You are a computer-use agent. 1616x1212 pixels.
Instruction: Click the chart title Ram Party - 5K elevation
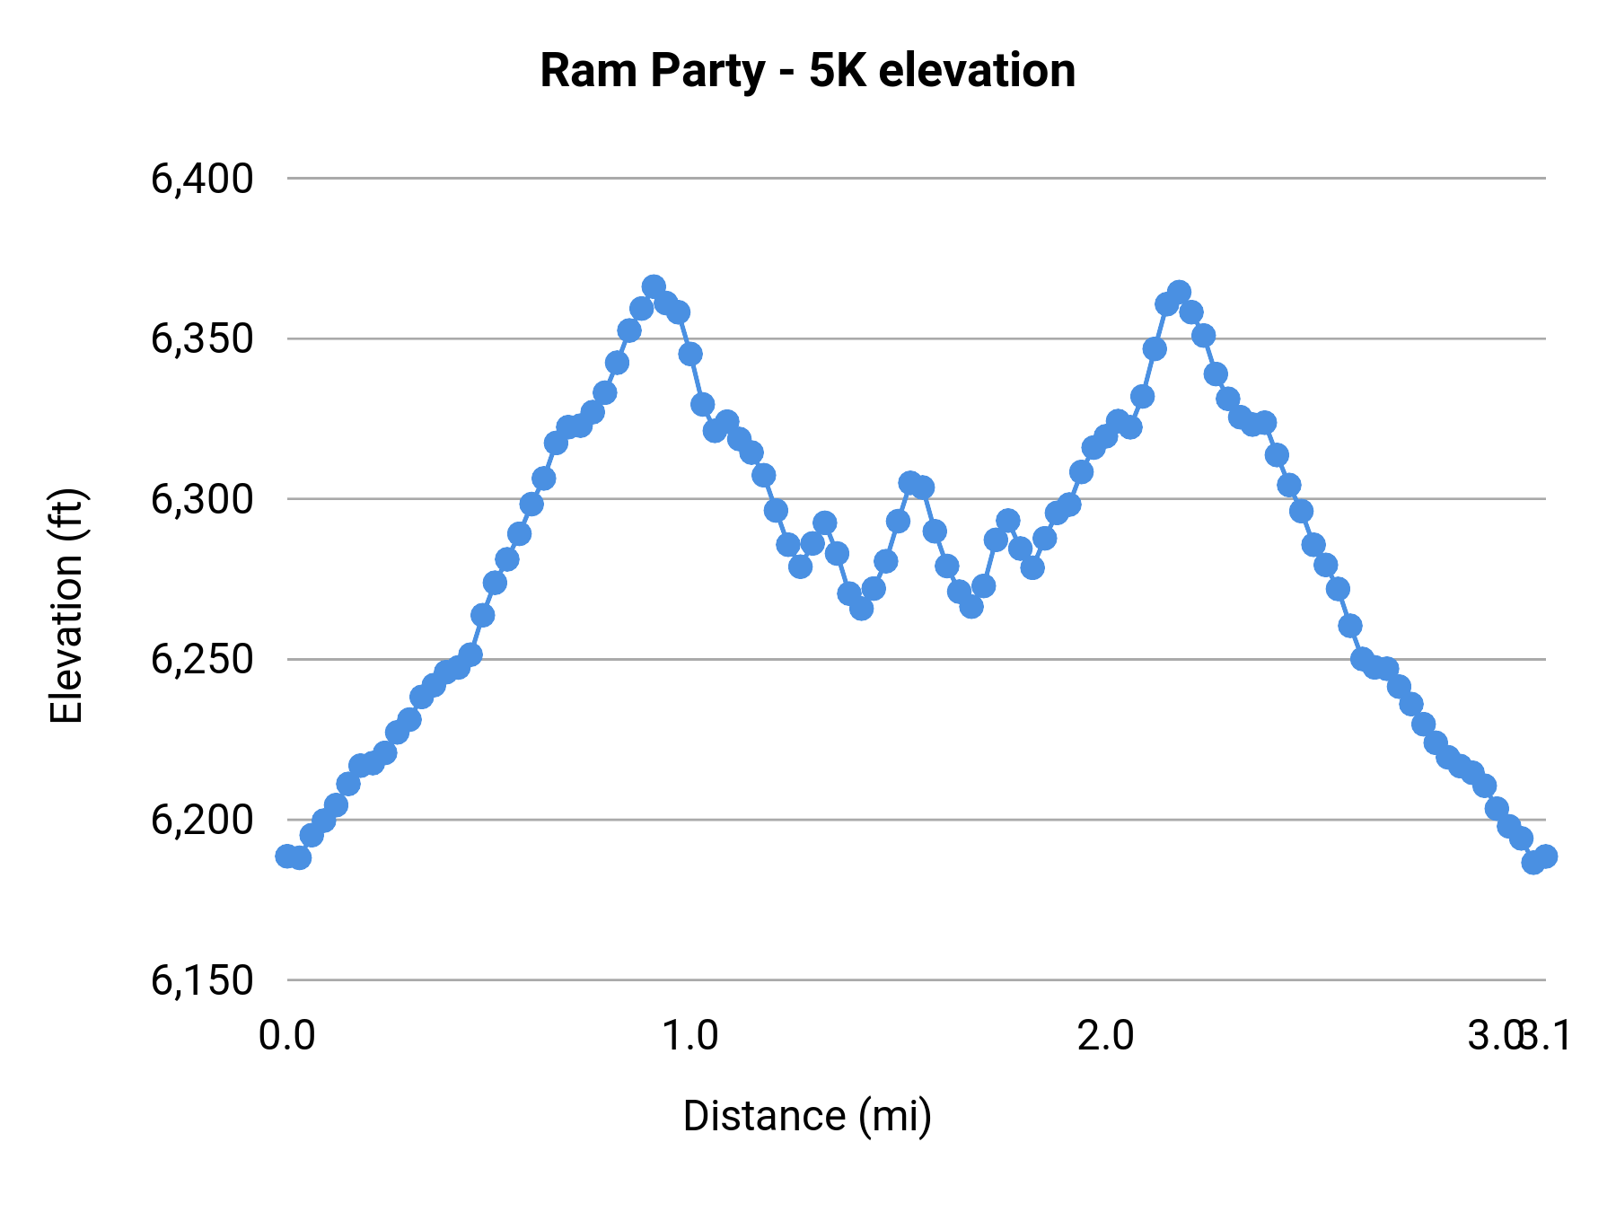(x=807, y=70)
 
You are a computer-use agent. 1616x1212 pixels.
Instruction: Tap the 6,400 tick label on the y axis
(x=202, y=179)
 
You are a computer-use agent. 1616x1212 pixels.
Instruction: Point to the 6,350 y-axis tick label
(x=202, y=339)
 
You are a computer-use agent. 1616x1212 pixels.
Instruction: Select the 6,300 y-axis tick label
(x=202, y=499)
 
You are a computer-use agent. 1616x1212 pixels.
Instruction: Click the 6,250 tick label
(x=202, y=660)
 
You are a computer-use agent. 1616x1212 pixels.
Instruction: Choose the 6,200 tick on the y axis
(x=202, y=820)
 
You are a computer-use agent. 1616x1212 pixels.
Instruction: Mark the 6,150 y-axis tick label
(x=202, y=980)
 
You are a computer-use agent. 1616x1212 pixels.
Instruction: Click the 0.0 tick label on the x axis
(x=286, y=1035)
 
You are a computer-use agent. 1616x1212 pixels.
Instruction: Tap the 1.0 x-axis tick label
(x=689, y=1035)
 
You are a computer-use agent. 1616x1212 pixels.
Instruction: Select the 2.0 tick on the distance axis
(x=1105, y=1035)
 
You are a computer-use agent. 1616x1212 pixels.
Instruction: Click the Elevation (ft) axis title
(x=66, y=606)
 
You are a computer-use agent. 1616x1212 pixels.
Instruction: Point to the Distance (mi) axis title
(x=807, y=1116)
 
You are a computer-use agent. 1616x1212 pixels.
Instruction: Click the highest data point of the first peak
(x=654, y=286)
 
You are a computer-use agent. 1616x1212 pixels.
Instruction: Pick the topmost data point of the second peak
(x=1179, y=293)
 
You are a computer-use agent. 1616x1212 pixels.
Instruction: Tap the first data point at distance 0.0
(x=287, y=856)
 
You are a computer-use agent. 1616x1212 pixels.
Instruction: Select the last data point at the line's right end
(x=1545, y=856)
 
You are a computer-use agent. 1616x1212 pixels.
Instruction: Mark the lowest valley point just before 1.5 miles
(x=861, y=609)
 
